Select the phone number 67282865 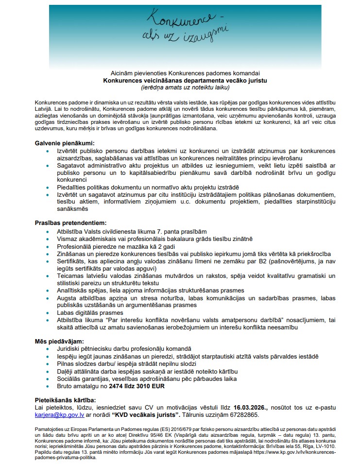tap(246, 416)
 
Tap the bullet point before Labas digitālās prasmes tap(48, 313)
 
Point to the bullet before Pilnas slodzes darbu tap(48, 364)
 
